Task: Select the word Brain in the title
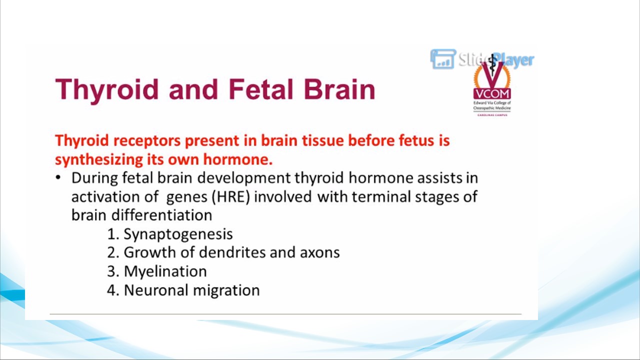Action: (x=339, y=89)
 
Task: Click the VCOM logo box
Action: (x=492, y=93)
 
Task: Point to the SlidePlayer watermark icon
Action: (x=443, y=59)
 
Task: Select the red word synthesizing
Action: (x=99, y=159)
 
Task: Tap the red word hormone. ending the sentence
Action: (x=237, y=159)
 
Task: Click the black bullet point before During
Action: (x=58, y=177)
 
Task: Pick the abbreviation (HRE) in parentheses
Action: (x=231, y=196)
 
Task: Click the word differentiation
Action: (x=161, y=215)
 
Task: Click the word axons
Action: (x=319, y=253)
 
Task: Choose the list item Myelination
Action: (x=165, y=271)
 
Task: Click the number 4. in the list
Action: (x=113, y=290)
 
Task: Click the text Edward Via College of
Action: (x=492, y=103)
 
